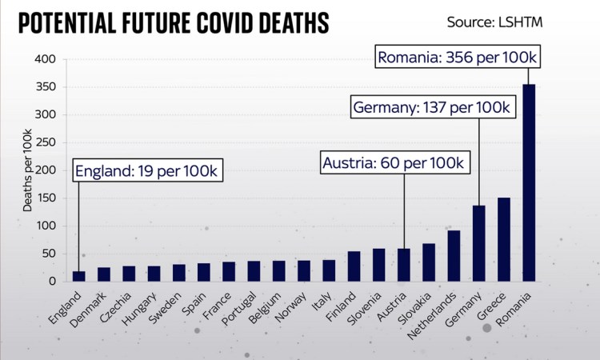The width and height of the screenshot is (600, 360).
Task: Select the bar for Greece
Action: [x=504, y=239]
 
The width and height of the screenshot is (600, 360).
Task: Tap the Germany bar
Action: [x=478, y=243]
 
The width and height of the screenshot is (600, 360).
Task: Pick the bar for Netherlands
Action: [x=454, y=256]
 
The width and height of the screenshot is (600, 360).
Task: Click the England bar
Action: [x=78, y=276]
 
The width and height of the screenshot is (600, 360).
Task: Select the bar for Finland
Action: [x=354, y=266]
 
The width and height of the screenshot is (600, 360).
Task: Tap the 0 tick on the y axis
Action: [x=50, y=282]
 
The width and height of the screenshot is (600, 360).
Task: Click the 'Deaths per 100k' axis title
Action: [x=27, y=170]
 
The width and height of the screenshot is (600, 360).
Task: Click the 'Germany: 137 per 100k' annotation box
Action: [x=430, y=107]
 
